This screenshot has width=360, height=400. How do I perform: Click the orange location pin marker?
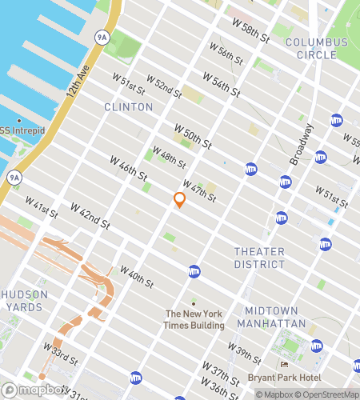pyautogui.click(x=180, y=200)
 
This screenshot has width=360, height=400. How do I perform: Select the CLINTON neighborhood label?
pyautogui.click(x=128, y=106)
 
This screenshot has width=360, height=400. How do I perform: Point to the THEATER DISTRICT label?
pyautogui.click(x=259, y=258)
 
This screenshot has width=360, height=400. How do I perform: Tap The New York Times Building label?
pyautogui.click(x=192, y=318)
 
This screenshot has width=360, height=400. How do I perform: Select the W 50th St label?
pyautogui.click(x=193, y=135)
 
